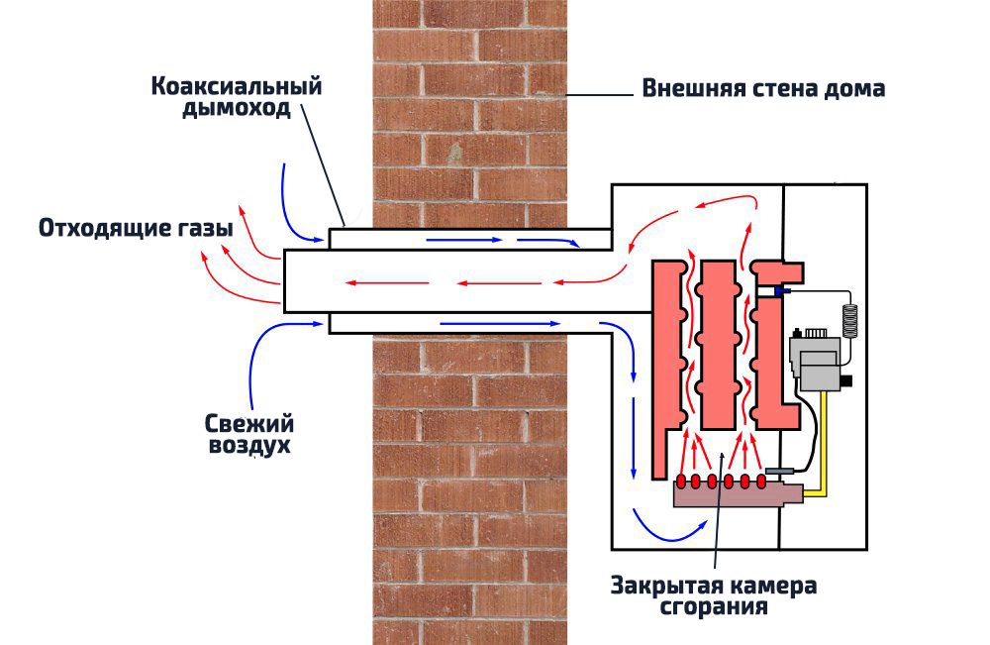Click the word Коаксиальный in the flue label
tap(237, 86)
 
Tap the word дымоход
tap(237, 109)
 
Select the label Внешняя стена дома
tap(763, 89)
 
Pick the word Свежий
tap(249, 423)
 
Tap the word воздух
tap(249, 446)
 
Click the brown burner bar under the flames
tap(733, 493)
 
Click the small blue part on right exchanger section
tap(783, 291)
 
